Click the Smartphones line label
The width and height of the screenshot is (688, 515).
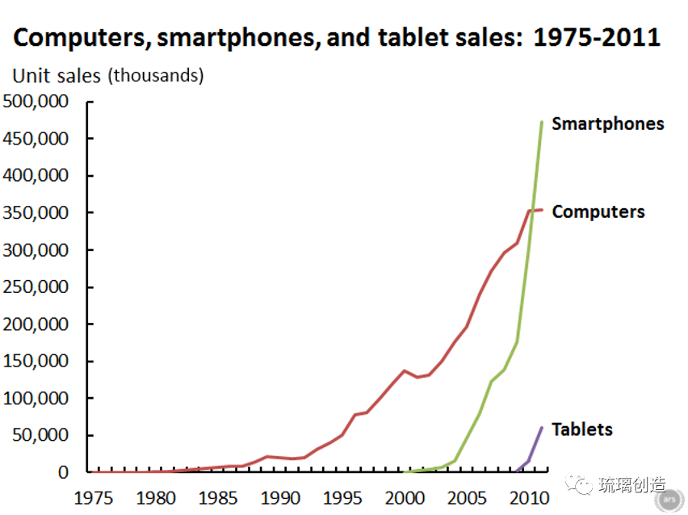[607, 124]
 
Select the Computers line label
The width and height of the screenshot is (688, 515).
[598, 211]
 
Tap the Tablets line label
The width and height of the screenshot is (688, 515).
[582, 429]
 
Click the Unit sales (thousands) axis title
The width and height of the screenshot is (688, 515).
[107, 76]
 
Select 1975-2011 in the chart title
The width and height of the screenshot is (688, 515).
[597, 38]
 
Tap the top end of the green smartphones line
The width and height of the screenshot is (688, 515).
[542, 122]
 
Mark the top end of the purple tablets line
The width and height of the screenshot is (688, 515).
[542, 427]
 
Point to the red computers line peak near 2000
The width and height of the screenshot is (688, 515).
[404, 371]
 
